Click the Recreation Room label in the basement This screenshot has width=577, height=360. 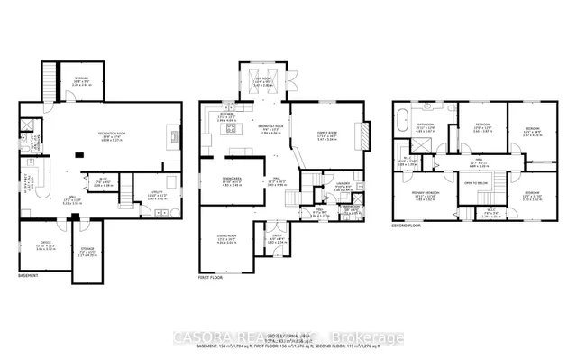tap(112, 136)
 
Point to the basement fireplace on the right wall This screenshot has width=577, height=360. tap(172, 138)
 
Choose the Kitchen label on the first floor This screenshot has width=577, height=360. tap(227, 116)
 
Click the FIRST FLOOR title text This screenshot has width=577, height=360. tap(209, 278)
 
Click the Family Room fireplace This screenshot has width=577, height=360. tap(365, 135)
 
